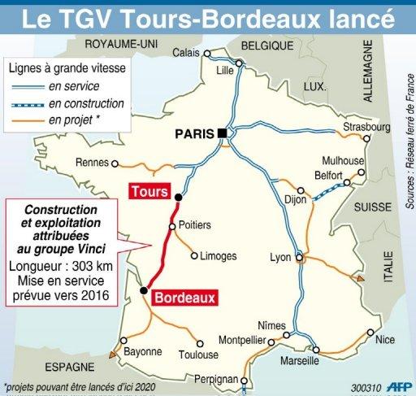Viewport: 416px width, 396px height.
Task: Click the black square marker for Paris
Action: tap(221, 134)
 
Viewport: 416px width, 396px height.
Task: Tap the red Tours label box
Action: tap(148, 192)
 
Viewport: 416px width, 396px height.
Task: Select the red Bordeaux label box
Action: tap(184, 298)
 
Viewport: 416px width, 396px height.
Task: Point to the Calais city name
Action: tap(188, 53)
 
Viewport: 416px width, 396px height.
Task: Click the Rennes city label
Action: tap(92, 162)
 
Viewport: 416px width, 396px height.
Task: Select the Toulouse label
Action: tap(199, 355)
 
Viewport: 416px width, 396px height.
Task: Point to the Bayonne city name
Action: tap(143, 352)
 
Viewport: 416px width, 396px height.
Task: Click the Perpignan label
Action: tap(239, 380)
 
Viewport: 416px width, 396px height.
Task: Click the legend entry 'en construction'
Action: tap(97, 103)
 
